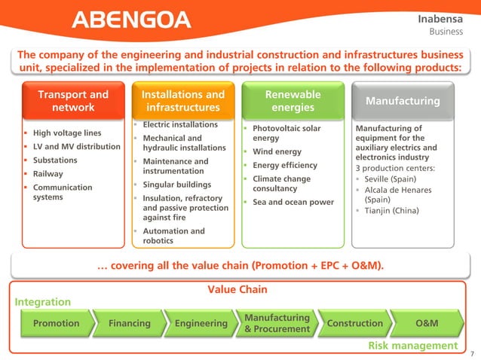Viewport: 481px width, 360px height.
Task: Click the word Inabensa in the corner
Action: click(446, 17)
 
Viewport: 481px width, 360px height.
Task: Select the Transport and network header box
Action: click(73, 101)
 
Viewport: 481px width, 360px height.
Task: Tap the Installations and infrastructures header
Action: click(183, 101)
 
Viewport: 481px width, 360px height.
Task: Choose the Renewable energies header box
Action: click(293, 101)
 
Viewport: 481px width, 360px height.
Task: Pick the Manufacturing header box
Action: click(403, 101)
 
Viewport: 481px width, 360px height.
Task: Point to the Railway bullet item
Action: click(43, 174)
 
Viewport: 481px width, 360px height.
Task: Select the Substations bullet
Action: click(51, 160)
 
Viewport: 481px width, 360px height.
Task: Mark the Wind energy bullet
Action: click(277, 152)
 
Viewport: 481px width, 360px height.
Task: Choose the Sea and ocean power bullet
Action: click(293, 202)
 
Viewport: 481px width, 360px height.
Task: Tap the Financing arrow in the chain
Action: click(129, 323)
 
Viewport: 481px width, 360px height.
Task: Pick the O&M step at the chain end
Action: click(427, 323)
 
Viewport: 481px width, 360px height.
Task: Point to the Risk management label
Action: click(412, 346)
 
